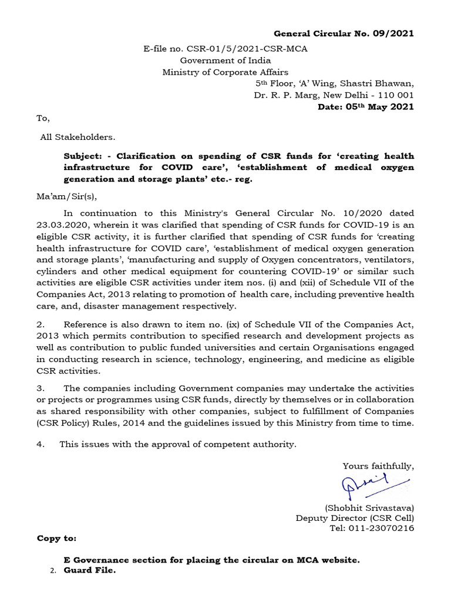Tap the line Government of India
[x=225, y=61]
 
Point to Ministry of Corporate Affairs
[x=225, y=72]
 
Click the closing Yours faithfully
[x=378, y=466]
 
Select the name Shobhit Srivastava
[x=369, y=507]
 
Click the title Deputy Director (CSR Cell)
[x=355, y=518]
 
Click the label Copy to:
[x=56, y=539]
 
